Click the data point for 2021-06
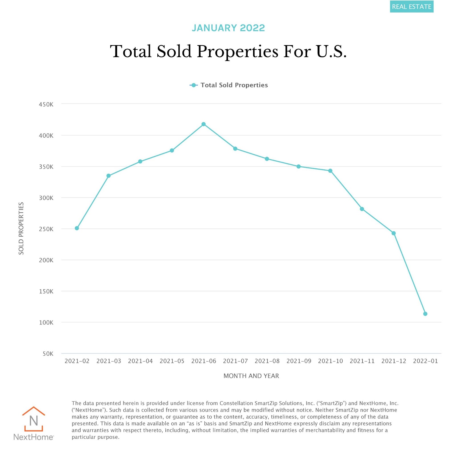point(203,124)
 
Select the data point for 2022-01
point(425,314)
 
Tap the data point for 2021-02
point(77,228)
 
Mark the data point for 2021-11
point(362,209)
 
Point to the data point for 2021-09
point(298,167)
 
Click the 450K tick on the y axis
point(46,105)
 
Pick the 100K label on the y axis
point(46,323)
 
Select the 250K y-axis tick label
point(46,229)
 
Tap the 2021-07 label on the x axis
point(235,361)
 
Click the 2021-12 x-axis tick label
point(394,361)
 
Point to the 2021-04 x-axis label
point(140,361)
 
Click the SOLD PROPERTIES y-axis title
point(21,228)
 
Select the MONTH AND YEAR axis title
point(251,376)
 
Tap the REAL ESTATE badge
point(412,7)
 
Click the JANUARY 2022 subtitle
point(228,28)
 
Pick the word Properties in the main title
point(237,51)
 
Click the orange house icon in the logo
point(34,419)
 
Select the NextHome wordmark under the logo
point(33,437)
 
